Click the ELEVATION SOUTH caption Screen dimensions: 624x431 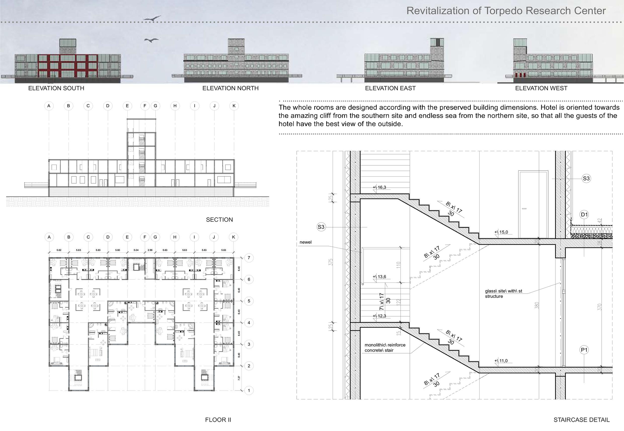(x=56, y=88)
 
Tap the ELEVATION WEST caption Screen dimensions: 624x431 (x=541, y=88)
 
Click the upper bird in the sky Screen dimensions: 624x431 (x=152, y=19)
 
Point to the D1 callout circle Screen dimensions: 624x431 (x=584, y=215)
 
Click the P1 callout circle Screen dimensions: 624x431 (x=584, y=350)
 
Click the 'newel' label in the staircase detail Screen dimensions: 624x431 (x=305, y=242)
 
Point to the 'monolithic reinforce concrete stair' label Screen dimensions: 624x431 (x=385, y=347)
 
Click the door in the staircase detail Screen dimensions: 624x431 (x=533, y=204)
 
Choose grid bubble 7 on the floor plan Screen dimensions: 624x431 (x=249, y=258)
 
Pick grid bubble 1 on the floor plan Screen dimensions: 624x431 (x=249, y=390)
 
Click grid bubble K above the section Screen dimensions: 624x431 (x=234, y=106)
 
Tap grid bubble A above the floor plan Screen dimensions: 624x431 (x=49, y=237)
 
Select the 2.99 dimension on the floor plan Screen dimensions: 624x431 (x=150, y=250)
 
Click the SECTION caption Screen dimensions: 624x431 (x=219, y=220)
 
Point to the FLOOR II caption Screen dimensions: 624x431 (x=218, y=420)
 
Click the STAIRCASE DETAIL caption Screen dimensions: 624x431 (x=581, y=420)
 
